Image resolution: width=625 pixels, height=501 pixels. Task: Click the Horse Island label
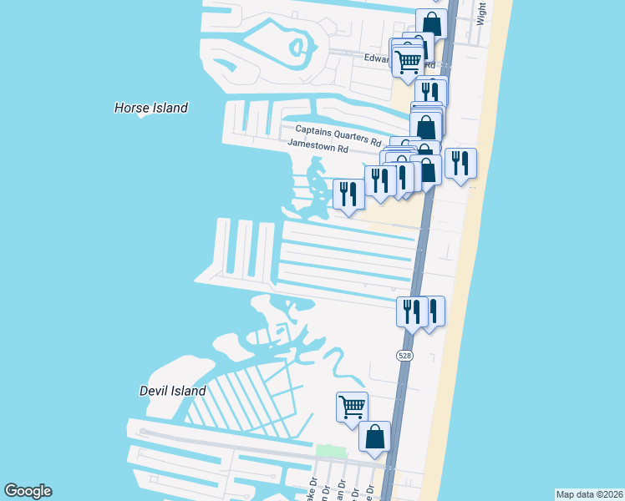coord(150,108)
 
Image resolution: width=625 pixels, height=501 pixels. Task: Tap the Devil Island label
coord(172,391)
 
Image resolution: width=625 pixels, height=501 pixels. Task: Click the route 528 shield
coord(404,356)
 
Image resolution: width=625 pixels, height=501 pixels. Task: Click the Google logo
coord(28,491)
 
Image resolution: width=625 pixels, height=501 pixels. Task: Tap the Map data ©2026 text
coord(589,494)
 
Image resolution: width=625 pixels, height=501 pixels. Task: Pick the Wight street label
coord(480,13)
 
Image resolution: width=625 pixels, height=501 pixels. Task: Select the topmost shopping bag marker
coord(432,23)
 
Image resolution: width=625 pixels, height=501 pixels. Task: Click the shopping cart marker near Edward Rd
coord(408,61)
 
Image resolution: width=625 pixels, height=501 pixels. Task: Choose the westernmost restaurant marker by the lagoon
coord(348,194)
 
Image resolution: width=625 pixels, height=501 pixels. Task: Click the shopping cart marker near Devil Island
coord(352,407)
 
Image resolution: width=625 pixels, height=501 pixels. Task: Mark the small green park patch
coord(329,452)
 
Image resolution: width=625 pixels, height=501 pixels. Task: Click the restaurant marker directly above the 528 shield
coord(411,311)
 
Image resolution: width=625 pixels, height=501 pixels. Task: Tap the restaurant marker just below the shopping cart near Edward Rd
coord(430,92)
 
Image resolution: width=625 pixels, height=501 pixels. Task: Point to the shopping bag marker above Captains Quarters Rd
coord(426,127)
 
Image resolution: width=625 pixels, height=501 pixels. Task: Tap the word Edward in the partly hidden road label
coord(383,58)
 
